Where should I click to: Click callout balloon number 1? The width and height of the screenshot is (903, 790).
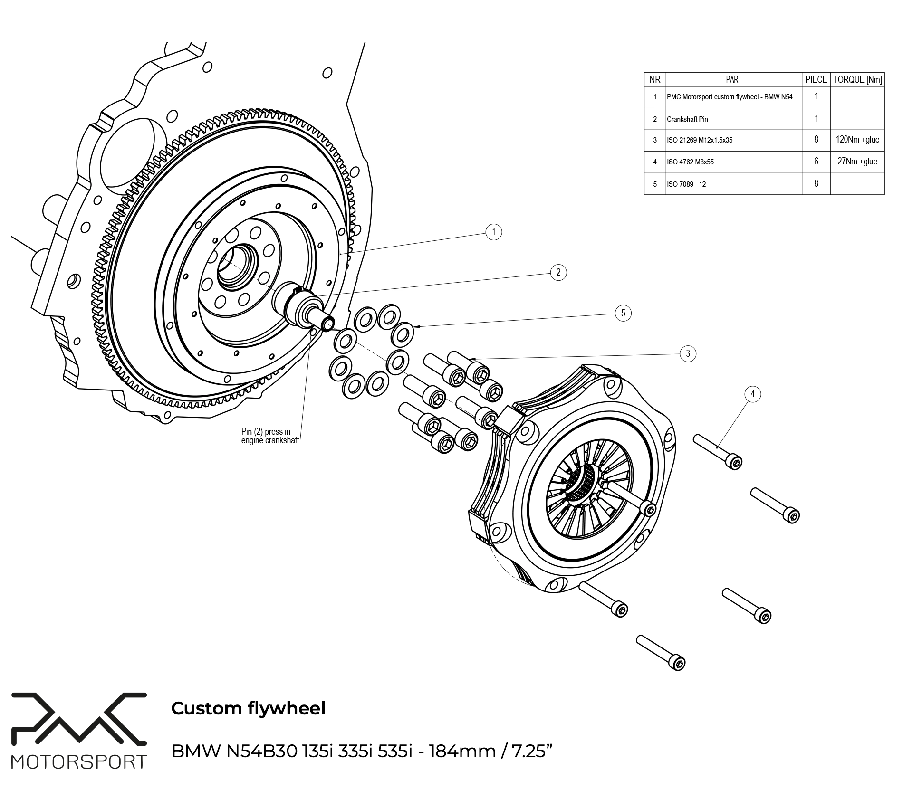pyautogui.click(x=494, y=232)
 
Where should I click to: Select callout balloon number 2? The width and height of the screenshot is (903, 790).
pyautogui.click(x=558, y=272)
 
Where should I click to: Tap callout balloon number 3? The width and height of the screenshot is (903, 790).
pyautogui.click(x=688, y=353)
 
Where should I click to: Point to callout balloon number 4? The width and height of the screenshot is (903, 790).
pyautogui.click(x=752, y=394)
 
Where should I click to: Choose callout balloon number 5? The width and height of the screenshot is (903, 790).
pyautogui.click(x=623, y=313)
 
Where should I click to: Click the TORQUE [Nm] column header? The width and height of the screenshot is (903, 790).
pyautogui.click(x=857, y=80)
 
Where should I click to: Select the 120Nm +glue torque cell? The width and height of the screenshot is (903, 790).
pyautogui.click(x=857, y=140)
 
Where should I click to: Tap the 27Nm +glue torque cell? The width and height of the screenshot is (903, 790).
pyautogui.click(x=857, y=162)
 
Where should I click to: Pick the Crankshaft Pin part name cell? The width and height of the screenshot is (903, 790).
pyautogui.click(x=687, y=119)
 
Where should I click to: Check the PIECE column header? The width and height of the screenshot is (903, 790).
pyautogui.click(x=816, y=80)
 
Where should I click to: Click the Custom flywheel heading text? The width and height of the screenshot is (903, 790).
pyautogui.click(x=248, y=708)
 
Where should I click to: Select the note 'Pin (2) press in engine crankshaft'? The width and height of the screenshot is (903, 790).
pyautogui.click(x=269, y=436)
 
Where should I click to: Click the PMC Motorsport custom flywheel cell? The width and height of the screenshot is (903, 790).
pyautogui.click(x=729, y=97)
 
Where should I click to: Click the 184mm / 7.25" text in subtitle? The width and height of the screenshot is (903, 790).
pyautogui.click(x=490, y=752)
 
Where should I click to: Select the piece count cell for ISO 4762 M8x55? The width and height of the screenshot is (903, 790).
pyautogui.click(x=816, y=162)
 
